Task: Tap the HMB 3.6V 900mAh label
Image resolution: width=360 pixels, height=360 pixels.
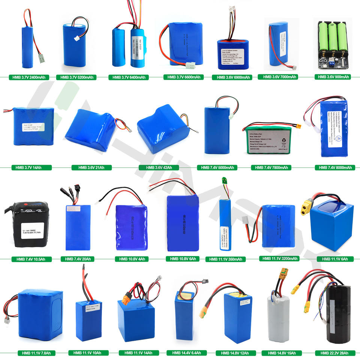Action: click(333, 77)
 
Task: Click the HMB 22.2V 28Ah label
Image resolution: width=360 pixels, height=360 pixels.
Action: click(333, 353)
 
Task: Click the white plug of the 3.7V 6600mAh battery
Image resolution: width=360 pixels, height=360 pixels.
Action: click(190, 66)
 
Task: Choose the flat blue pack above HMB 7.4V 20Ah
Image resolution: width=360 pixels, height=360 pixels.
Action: click(78, 227)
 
